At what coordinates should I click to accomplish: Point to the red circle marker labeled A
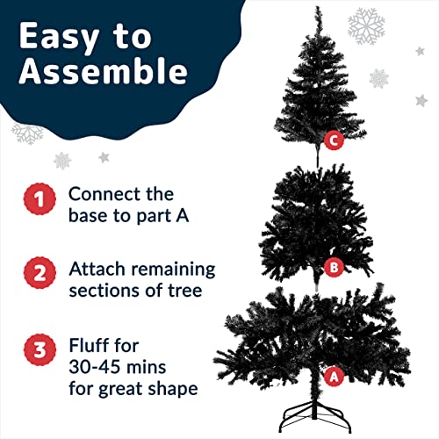333,377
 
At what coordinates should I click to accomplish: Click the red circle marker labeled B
332,267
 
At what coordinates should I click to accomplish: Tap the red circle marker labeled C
332,139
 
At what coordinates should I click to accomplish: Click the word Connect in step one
101,193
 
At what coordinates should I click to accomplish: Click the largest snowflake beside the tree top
366,26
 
